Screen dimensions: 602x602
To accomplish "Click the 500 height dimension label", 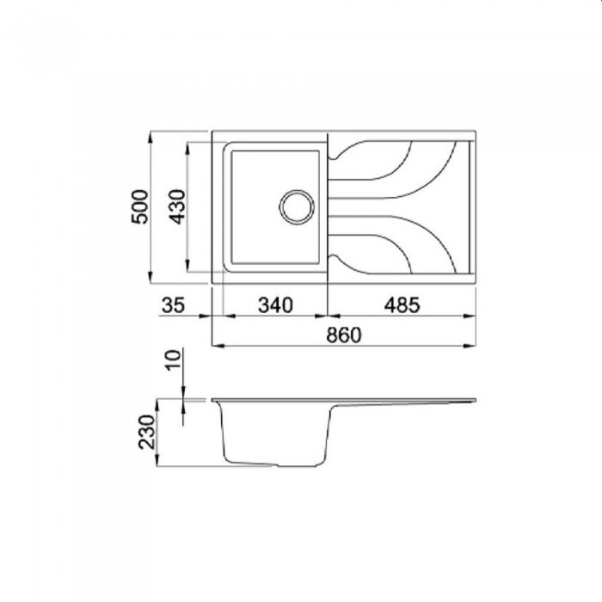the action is tap(139, 206).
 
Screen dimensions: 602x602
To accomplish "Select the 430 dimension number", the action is tap(178, 206).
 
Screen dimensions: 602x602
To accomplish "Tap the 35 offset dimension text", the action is tap(174, 305).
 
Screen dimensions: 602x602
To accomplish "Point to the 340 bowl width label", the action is tap(275, 305).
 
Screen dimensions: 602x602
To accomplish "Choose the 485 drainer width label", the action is tap(402, 305).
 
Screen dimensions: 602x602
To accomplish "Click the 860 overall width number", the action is tap(344, 335).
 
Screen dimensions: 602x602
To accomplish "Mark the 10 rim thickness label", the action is tap(174, 359).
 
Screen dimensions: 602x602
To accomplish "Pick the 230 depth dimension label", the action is tap(147, 432).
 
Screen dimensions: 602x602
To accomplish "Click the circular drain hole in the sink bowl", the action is tap(297, 207).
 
